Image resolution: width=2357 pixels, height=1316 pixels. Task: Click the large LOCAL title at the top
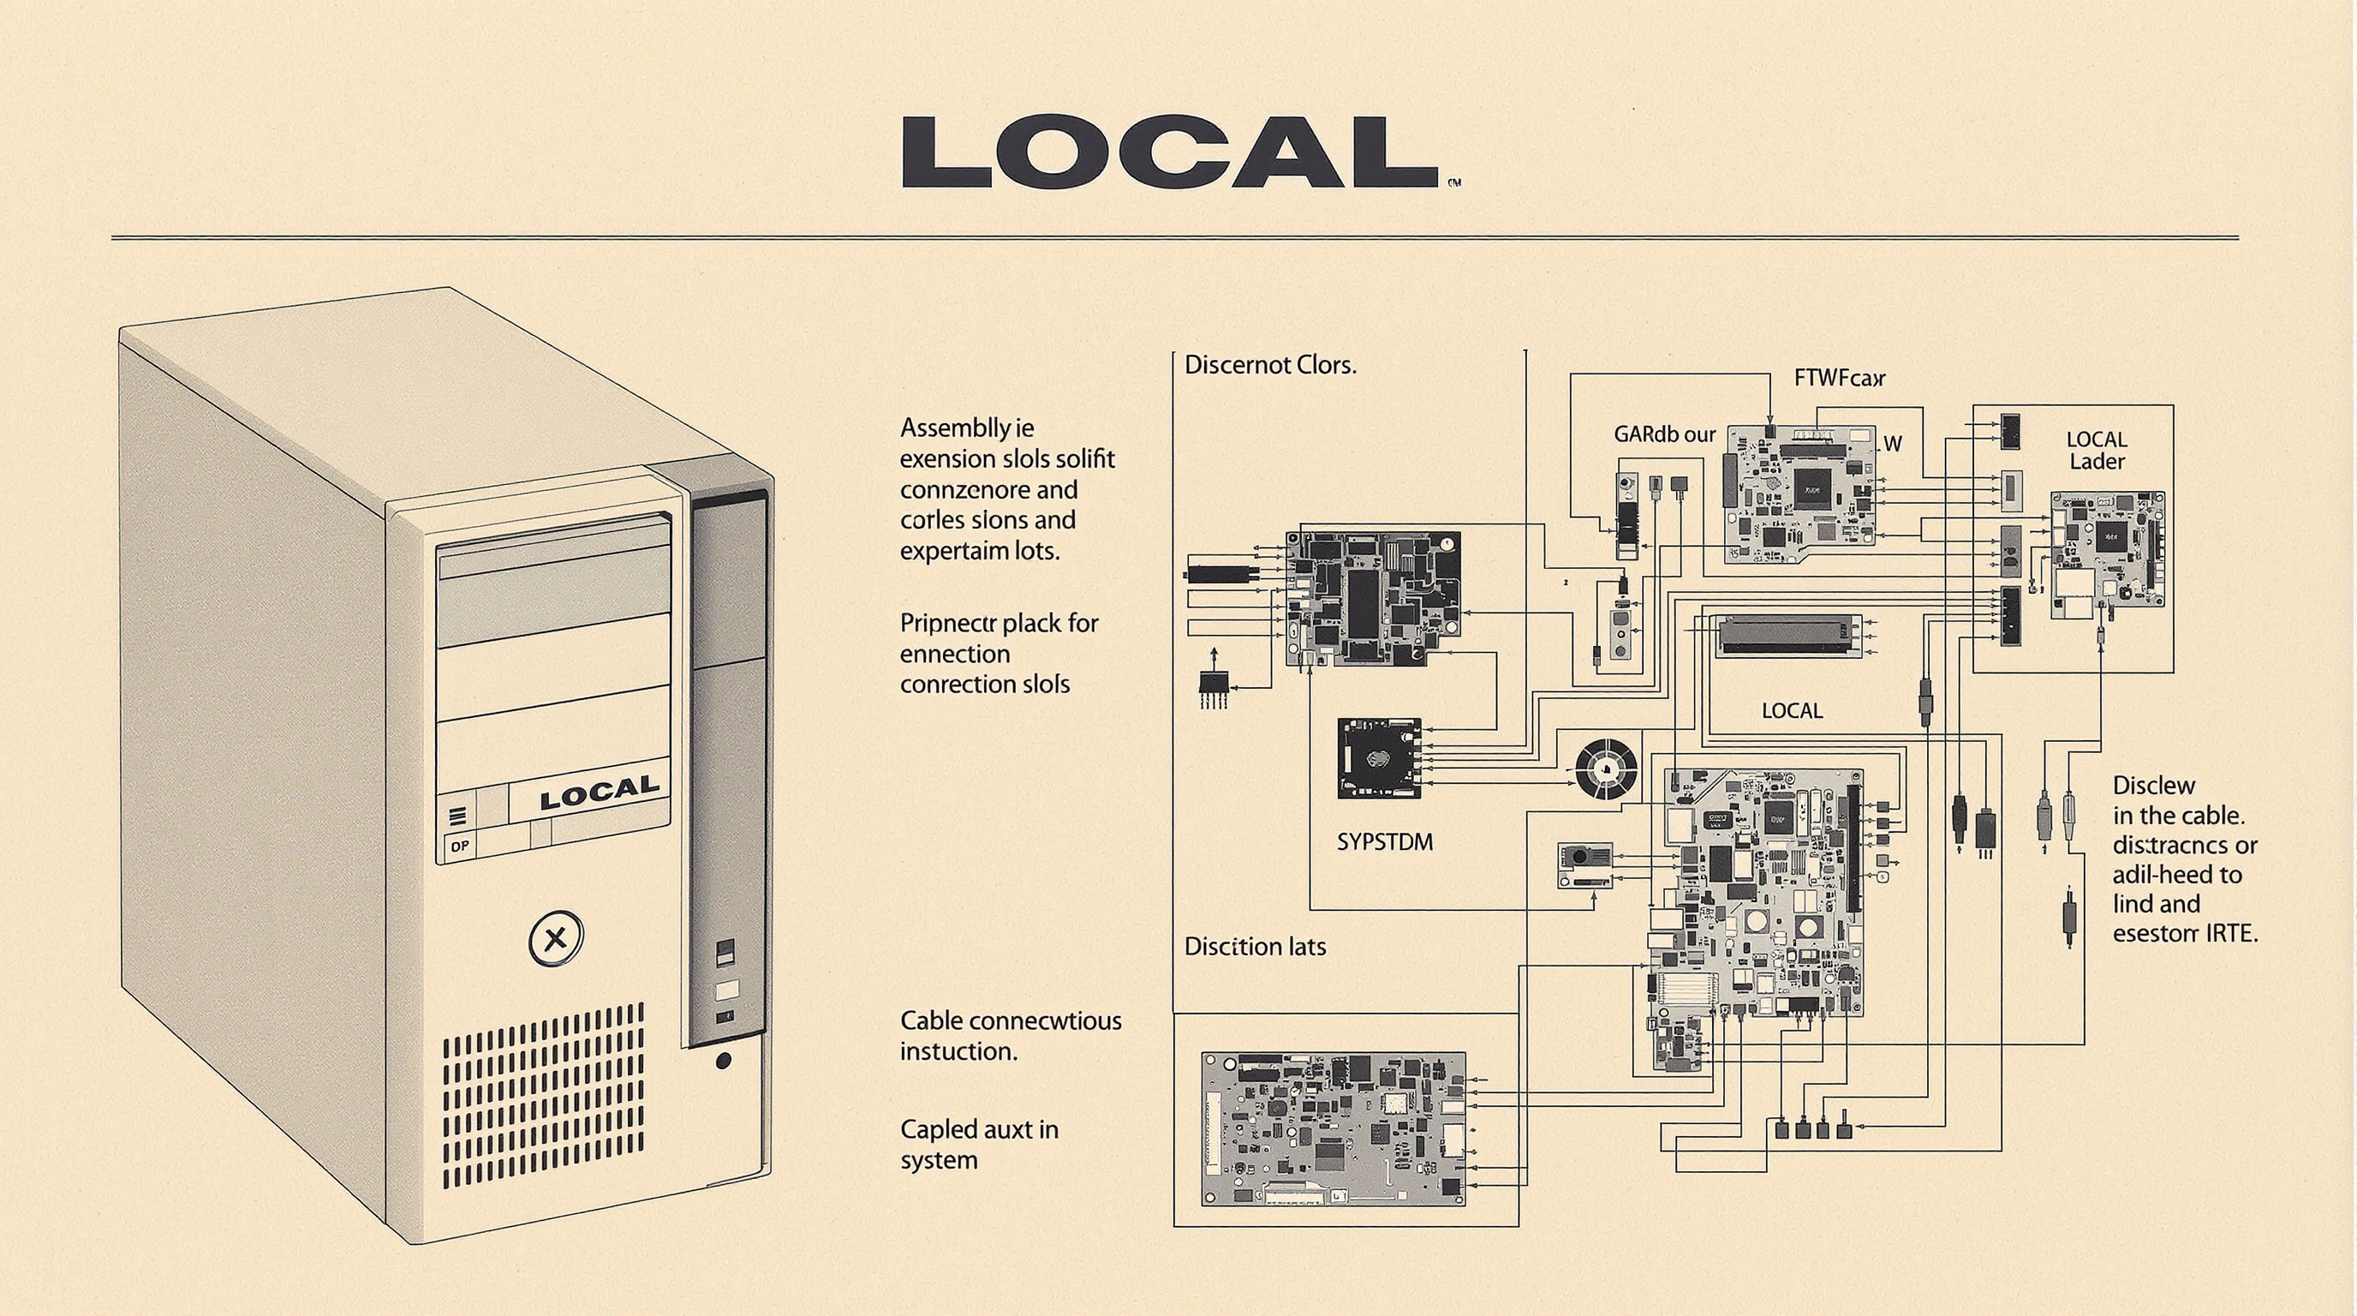[x=1169, y=152]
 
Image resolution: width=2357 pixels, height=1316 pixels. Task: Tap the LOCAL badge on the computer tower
[x=599, y=792]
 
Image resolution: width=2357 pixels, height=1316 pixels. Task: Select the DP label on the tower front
[x=459, y=846]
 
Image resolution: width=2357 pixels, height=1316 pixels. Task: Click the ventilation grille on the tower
[x=544, y=1096]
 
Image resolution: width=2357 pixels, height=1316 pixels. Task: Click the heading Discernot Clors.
[x=1270, y=365]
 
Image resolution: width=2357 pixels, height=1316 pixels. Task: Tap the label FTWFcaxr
[x=1839, y=377]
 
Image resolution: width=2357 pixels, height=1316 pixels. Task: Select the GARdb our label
[x=1664, y=434]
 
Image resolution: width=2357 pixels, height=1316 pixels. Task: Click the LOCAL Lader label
[x=2097, y=451]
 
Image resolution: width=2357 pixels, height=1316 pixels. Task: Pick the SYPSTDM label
[x=1384, y=842]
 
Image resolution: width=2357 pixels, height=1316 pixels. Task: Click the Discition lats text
[x=1255, y=946]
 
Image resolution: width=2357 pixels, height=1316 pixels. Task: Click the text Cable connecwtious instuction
[x=1009, y=1035]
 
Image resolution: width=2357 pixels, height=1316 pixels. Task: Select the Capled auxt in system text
[x=978, y=1144]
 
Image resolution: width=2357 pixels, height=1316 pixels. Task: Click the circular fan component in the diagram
[x=1607, y=769]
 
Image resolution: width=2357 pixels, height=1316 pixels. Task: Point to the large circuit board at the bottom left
[x=1334, y=1128]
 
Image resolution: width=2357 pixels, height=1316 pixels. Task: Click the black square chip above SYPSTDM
[x=1379, y=757]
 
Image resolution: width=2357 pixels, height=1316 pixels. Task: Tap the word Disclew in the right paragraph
[x=2153, y=785]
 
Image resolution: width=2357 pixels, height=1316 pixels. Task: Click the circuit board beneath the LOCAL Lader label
[x=2107, y=553]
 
